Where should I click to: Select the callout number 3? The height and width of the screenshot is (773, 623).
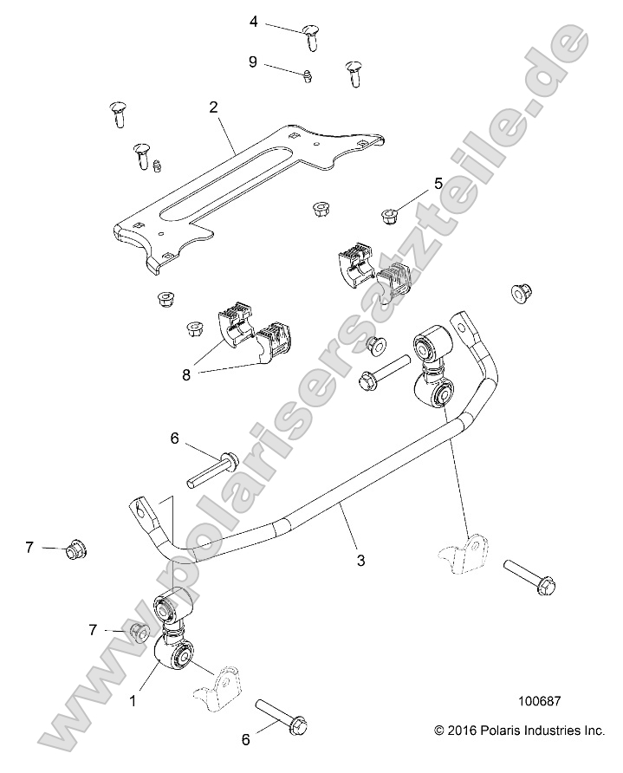[x=360, y=560]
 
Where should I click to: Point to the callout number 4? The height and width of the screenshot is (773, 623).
[x=254, y=21]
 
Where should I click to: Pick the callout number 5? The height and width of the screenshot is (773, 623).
[x=438, y=183]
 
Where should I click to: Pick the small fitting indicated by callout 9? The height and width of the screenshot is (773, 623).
[x=308, y=79]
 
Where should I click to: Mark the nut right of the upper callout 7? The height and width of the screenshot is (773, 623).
[x=75, y=550]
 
